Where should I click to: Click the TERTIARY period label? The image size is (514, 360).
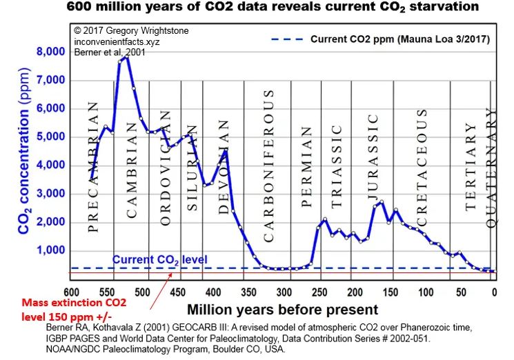click(471, 166)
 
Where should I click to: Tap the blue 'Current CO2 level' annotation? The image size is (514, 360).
click(159, 260)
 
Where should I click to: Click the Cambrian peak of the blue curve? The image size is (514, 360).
click(126, 58)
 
